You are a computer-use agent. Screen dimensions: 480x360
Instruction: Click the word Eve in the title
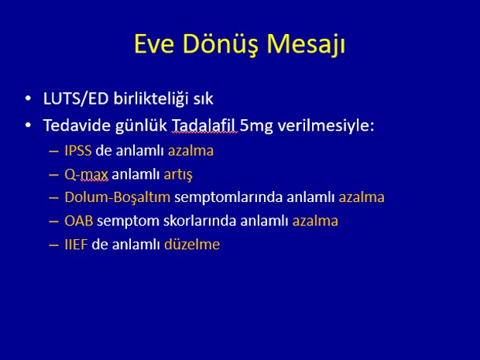tap(154, 44)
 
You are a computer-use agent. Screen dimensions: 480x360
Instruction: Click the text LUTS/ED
tap(76, 99)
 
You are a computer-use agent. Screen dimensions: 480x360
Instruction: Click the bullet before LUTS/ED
tap(28, 98)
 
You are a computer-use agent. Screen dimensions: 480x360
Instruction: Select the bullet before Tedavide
tap(28, 125)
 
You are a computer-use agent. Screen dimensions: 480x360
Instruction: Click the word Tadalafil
tap(204, 125)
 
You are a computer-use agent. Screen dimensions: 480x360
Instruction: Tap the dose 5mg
tap(256, 126)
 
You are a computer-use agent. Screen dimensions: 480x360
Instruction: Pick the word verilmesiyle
tap(324, 126)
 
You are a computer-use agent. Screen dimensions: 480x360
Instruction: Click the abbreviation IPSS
tap(78, 151)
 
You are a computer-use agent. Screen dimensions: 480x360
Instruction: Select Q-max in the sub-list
tap(87, 175)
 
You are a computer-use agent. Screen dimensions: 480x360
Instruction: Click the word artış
tap(178, 175)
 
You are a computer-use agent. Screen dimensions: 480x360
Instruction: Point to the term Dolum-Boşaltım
tap(118, 197)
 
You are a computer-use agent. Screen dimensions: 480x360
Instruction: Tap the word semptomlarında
tap(228, 198)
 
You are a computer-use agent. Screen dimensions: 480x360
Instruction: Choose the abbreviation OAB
tap(79, 221)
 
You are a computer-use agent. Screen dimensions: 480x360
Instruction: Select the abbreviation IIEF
tap(76, 245)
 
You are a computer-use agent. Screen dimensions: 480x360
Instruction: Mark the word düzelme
tap(192, 245)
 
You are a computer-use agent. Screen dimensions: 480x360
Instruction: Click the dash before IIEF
tap(53, 245)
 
